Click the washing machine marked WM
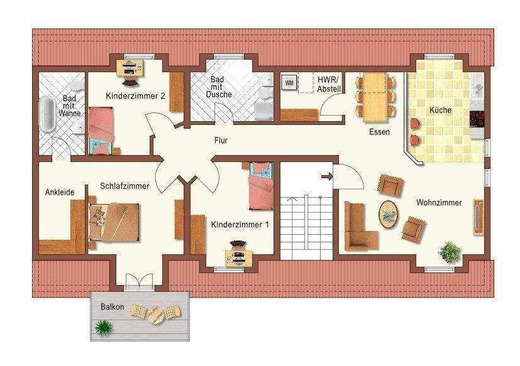click(289, 82)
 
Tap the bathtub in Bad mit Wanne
click(47, 114)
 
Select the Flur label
click(221, 141)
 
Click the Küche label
click(440, 110)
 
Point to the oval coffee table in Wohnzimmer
click(389, 215)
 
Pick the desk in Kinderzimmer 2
click(131, 68)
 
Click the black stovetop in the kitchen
click(477, 119)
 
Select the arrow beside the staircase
click(327, 177)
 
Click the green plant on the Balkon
click(104, 327)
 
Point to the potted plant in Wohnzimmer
click(450, 252)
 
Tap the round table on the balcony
click(155, 315)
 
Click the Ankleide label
click(60, 192)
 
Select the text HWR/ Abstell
click(329, 84)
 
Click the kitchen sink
click(477, 87)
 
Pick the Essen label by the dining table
click(379, 132)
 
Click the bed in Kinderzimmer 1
click(261, 186)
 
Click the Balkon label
click(113, 307)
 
